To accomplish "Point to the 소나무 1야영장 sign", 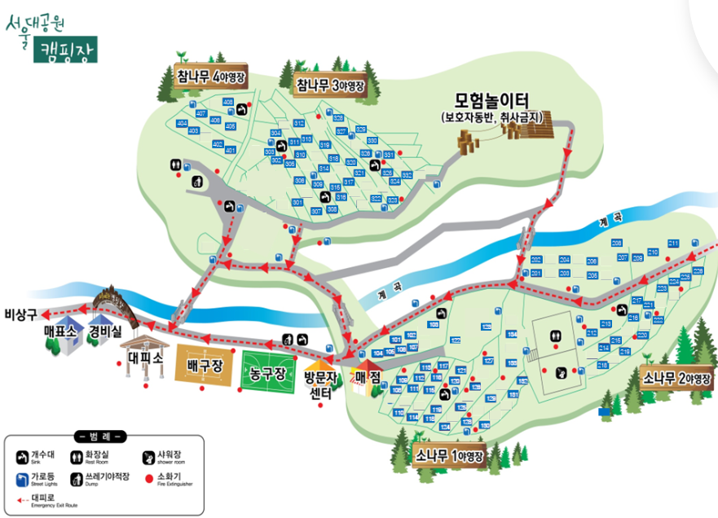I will point(448,454).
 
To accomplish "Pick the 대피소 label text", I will point(148,357).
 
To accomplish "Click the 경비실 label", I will point(105,331).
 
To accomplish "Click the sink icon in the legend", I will point(22,456).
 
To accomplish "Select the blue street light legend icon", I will point(22,478).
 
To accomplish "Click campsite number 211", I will point(673,244).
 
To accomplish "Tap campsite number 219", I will point(625,351).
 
